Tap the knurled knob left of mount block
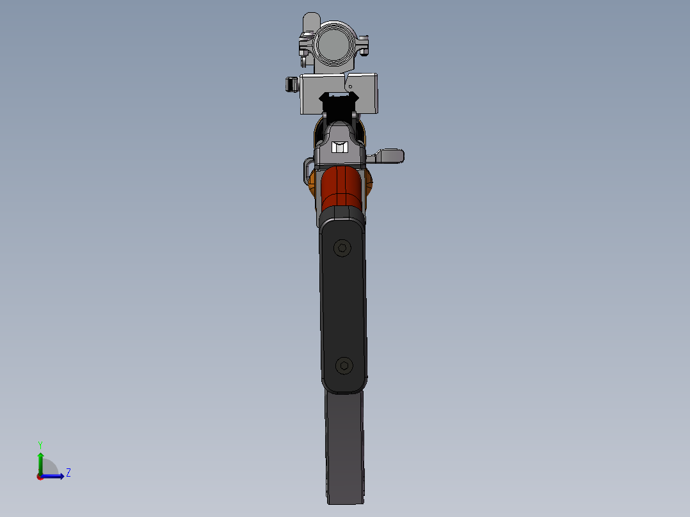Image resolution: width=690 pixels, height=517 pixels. [292, 84]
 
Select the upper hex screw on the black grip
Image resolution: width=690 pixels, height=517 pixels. [342, 248]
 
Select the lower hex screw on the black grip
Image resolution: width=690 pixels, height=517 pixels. [345, 365]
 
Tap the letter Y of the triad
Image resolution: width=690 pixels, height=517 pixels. [40, 445]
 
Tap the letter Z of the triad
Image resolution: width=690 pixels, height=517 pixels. [68, 473]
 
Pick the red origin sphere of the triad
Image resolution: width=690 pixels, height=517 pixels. [40, 476]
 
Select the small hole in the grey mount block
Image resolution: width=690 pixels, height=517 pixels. [350, 86]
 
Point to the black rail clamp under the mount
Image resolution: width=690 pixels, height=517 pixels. [339, 102]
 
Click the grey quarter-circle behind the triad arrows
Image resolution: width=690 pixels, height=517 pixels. [50, 468]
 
